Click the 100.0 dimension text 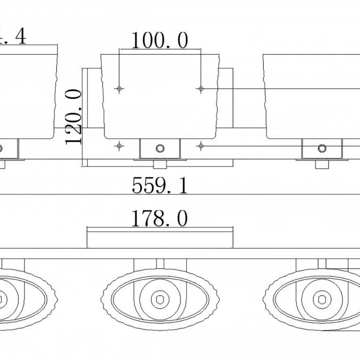coord(160,41)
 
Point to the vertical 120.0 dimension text coord(74,116)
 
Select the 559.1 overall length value coord(160,186)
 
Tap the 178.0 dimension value coord(160,219)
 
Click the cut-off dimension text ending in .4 coord(14,36)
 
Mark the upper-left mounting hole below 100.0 coord(119,88)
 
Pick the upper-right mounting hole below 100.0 coord(201,88)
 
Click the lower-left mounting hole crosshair coord(119,145)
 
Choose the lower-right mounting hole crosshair coord(201,145)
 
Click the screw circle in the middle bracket coord(160,148)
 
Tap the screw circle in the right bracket coord(322,148)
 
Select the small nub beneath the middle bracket coord(160,164)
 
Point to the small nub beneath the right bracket coord(322,164)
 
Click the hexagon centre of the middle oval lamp coord(160,298)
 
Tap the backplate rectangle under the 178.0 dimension coord(160,239)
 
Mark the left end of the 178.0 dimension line coord(88,230)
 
